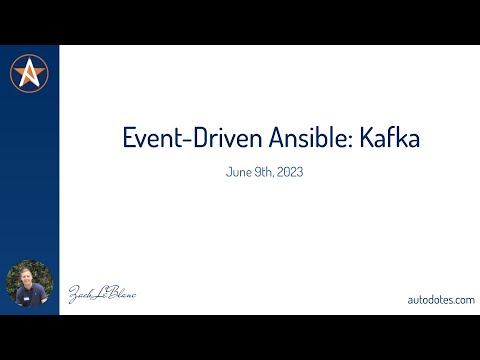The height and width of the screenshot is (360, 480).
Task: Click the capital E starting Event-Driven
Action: point(128,139)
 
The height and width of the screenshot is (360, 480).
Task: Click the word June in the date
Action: point(241,171)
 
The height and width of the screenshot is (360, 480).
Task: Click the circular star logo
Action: point(30,73)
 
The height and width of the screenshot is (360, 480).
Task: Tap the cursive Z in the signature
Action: point(74,295)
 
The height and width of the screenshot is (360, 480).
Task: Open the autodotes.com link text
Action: point(441,299)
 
